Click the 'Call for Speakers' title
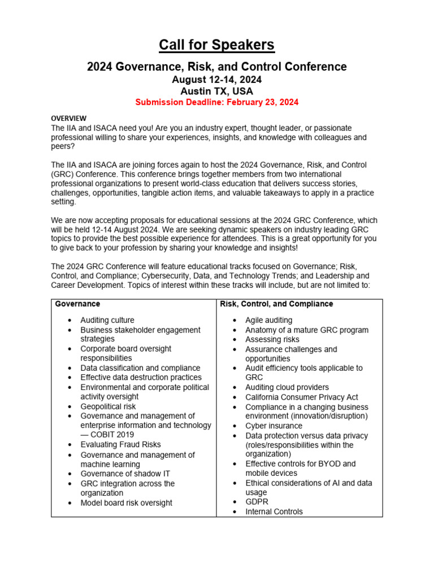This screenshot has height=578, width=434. [x=216, y=45]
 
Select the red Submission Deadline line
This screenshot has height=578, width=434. [x=216, y=102]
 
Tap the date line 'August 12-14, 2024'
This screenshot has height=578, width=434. [x=216, y=80]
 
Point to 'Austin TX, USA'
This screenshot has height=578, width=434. [x=216, y=91]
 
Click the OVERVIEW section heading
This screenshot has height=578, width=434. [x=68, y=119]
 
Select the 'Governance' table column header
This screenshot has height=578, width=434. [x=77, y=304]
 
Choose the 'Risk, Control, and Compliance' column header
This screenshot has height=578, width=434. [x=276, y=304]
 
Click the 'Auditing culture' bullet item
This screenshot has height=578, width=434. [x=107, y=320]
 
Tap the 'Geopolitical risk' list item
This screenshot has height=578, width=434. [x=108, y=406]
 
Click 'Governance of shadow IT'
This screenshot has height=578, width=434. [x=125, y=474]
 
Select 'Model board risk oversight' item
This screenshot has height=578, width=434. [x=126, y=503]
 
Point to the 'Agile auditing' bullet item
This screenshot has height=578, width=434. [x=268, y=320]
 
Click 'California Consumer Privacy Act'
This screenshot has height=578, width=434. [x=301, y=397]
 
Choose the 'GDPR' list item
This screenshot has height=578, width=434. [x=257, y=502]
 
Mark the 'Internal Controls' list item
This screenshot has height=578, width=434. [x=274, y=511]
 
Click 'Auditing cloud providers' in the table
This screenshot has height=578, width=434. [x=287, y=387]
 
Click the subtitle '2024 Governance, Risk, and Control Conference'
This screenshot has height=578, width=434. [x=216, y=67]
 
